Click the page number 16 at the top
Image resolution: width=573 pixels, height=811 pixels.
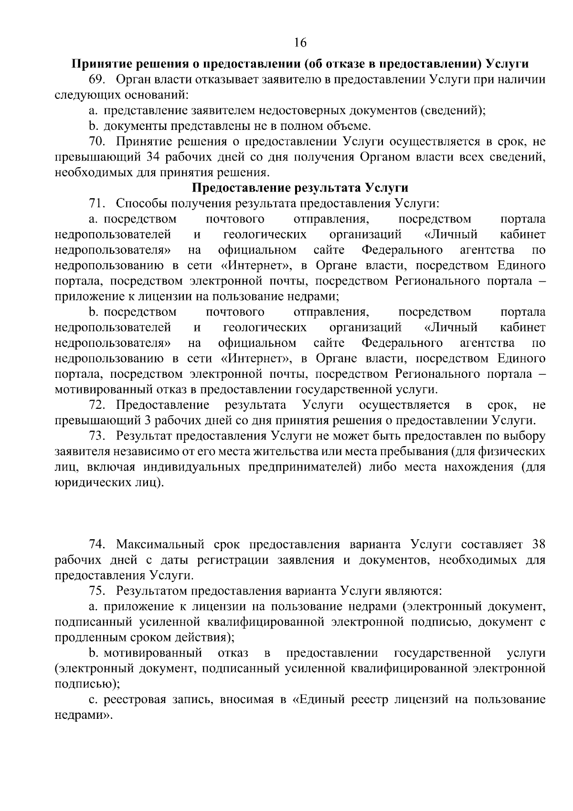coord(300,43)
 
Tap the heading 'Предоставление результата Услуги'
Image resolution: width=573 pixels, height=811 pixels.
coord(300,188)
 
